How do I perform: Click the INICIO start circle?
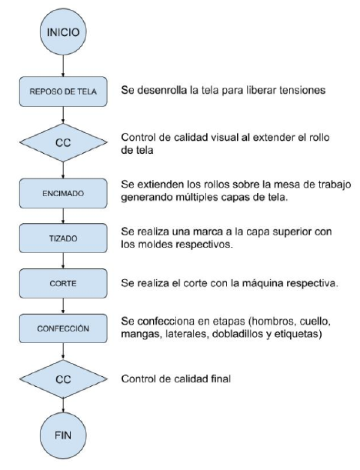[63, 32]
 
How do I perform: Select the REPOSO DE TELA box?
[63, 92]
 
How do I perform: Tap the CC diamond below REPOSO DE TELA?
[63, 142]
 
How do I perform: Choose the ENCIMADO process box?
[63, 193]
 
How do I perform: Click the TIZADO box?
[63, 238]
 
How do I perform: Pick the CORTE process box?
[63, 283]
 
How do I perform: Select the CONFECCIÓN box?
[63, 328]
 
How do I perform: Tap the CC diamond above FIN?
[63, 379]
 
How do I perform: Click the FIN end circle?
[63, 435]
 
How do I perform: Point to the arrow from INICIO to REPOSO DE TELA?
[63, 65]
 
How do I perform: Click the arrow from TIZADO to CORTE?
[63, 261]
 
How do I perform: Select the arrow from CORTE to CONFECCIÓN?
[63, 305]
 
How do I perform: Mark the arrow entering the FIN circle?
[63, 405]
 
